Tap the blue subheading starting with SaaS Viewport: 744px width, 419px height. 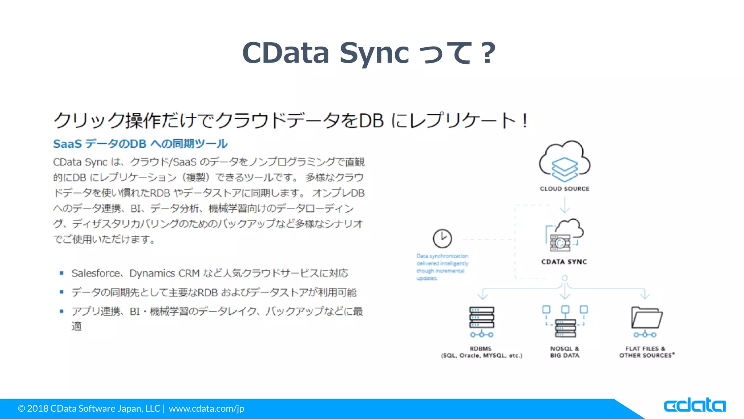pos(140,144)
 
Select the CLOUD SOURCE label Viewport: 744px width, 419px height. pos(565,189)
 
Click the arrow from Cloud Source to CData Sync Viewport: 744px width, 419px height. pos(565,205)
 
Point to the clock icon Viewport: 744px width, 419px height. pos(442,239)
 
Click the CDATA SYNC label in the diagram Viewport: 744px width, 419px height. pos(564,262)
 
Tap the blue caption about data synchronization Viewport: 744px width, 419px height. pos(442,267)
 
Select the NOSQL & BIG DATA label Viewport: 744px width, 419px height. pos(565,352)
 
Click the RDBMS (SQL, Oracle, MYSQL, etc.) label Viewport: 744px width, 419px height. pos(481,352)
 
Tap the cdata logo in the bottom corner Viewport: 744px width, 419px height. pos(694,405)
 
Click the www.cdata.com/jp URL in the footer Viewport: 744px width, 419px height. pos(206,408)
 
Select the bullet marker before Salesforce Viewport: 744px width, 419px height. pos(62,273)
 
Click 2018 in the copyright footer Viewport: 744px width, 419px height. pos(38,408)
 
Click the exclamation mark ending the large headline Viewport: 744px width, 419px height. pos(525,121)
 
